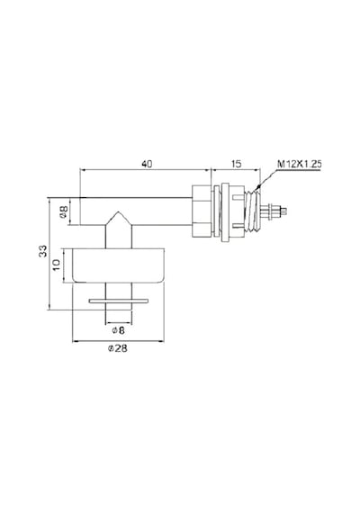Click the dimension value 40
147,164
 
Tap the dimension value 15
236,164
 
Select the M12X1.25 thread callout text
300,164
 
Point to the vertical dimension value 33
43,251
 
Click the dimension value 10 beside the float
57,265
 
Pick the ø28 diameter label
118,348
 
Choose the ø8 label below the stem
118,330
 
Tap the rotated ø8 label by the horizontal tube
64,212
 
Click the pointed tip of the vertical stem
118,211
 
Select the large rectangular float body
118,265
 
